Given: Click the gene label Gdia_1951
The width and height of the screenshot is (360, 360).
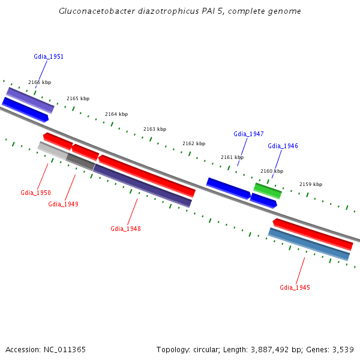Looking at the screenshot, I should tap(49, 56).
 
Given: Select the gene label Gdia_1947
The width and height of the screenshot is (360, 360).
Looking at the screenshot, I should tap(248, 134).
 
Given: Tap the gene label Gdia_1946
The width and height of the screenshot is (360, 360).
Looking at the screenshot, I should tap(283, 146).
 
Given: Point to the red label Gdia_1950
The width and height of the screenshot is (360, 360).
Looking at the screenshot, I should tap(35, 193).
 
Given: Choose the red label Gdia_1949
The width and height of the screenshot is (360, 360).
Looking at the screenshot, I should tap(63, 204).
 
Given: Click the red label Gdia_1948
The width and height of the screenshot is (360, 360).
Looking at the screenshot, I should tap(125, 229).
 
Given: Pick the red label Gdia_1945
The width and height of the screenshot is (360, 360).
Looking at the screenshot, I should tap(295, 287).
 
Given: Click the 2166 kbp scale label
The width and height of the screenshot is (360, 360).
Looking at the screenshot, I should tap(40, 82).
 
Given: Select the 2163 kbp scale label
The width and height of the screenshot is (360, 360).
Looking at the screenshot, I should tap(155, 129).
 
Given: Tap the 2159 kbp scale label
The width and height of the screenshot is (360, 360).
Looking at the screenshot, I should tap(311, 184).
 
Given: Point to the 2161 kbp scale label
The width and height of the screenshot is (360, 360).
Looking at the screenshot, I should tap(232, 157).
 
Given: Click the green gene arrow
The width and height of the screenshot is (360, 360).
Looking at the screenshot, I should tap(268, 191).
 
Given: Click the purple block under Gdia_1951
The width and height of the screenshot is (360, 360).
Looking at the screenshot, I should tap(30, 100).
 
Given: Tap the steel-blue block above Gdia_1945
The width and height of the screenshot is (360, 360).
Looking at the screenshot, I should tap(309, 244).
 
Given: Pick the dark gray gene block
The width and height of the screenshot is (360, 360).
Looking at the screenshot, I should tap(80, 161).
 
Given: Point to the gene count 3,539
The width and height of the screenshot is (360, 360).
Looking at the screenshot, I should tap(343, 349).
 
